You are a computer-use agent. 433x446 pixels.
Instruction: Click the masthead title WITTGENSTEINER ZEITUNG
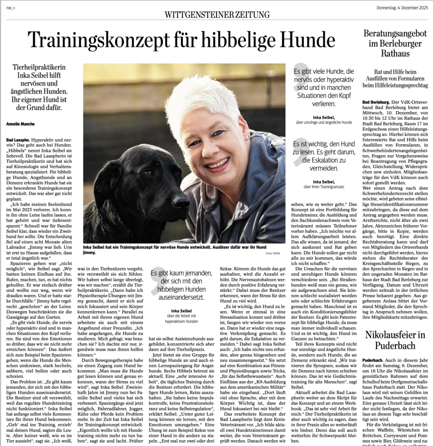click(x=216, y=14)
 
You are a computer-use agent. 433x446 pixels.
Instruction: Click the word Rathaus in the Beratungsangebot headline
click(x=397, y=54)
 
